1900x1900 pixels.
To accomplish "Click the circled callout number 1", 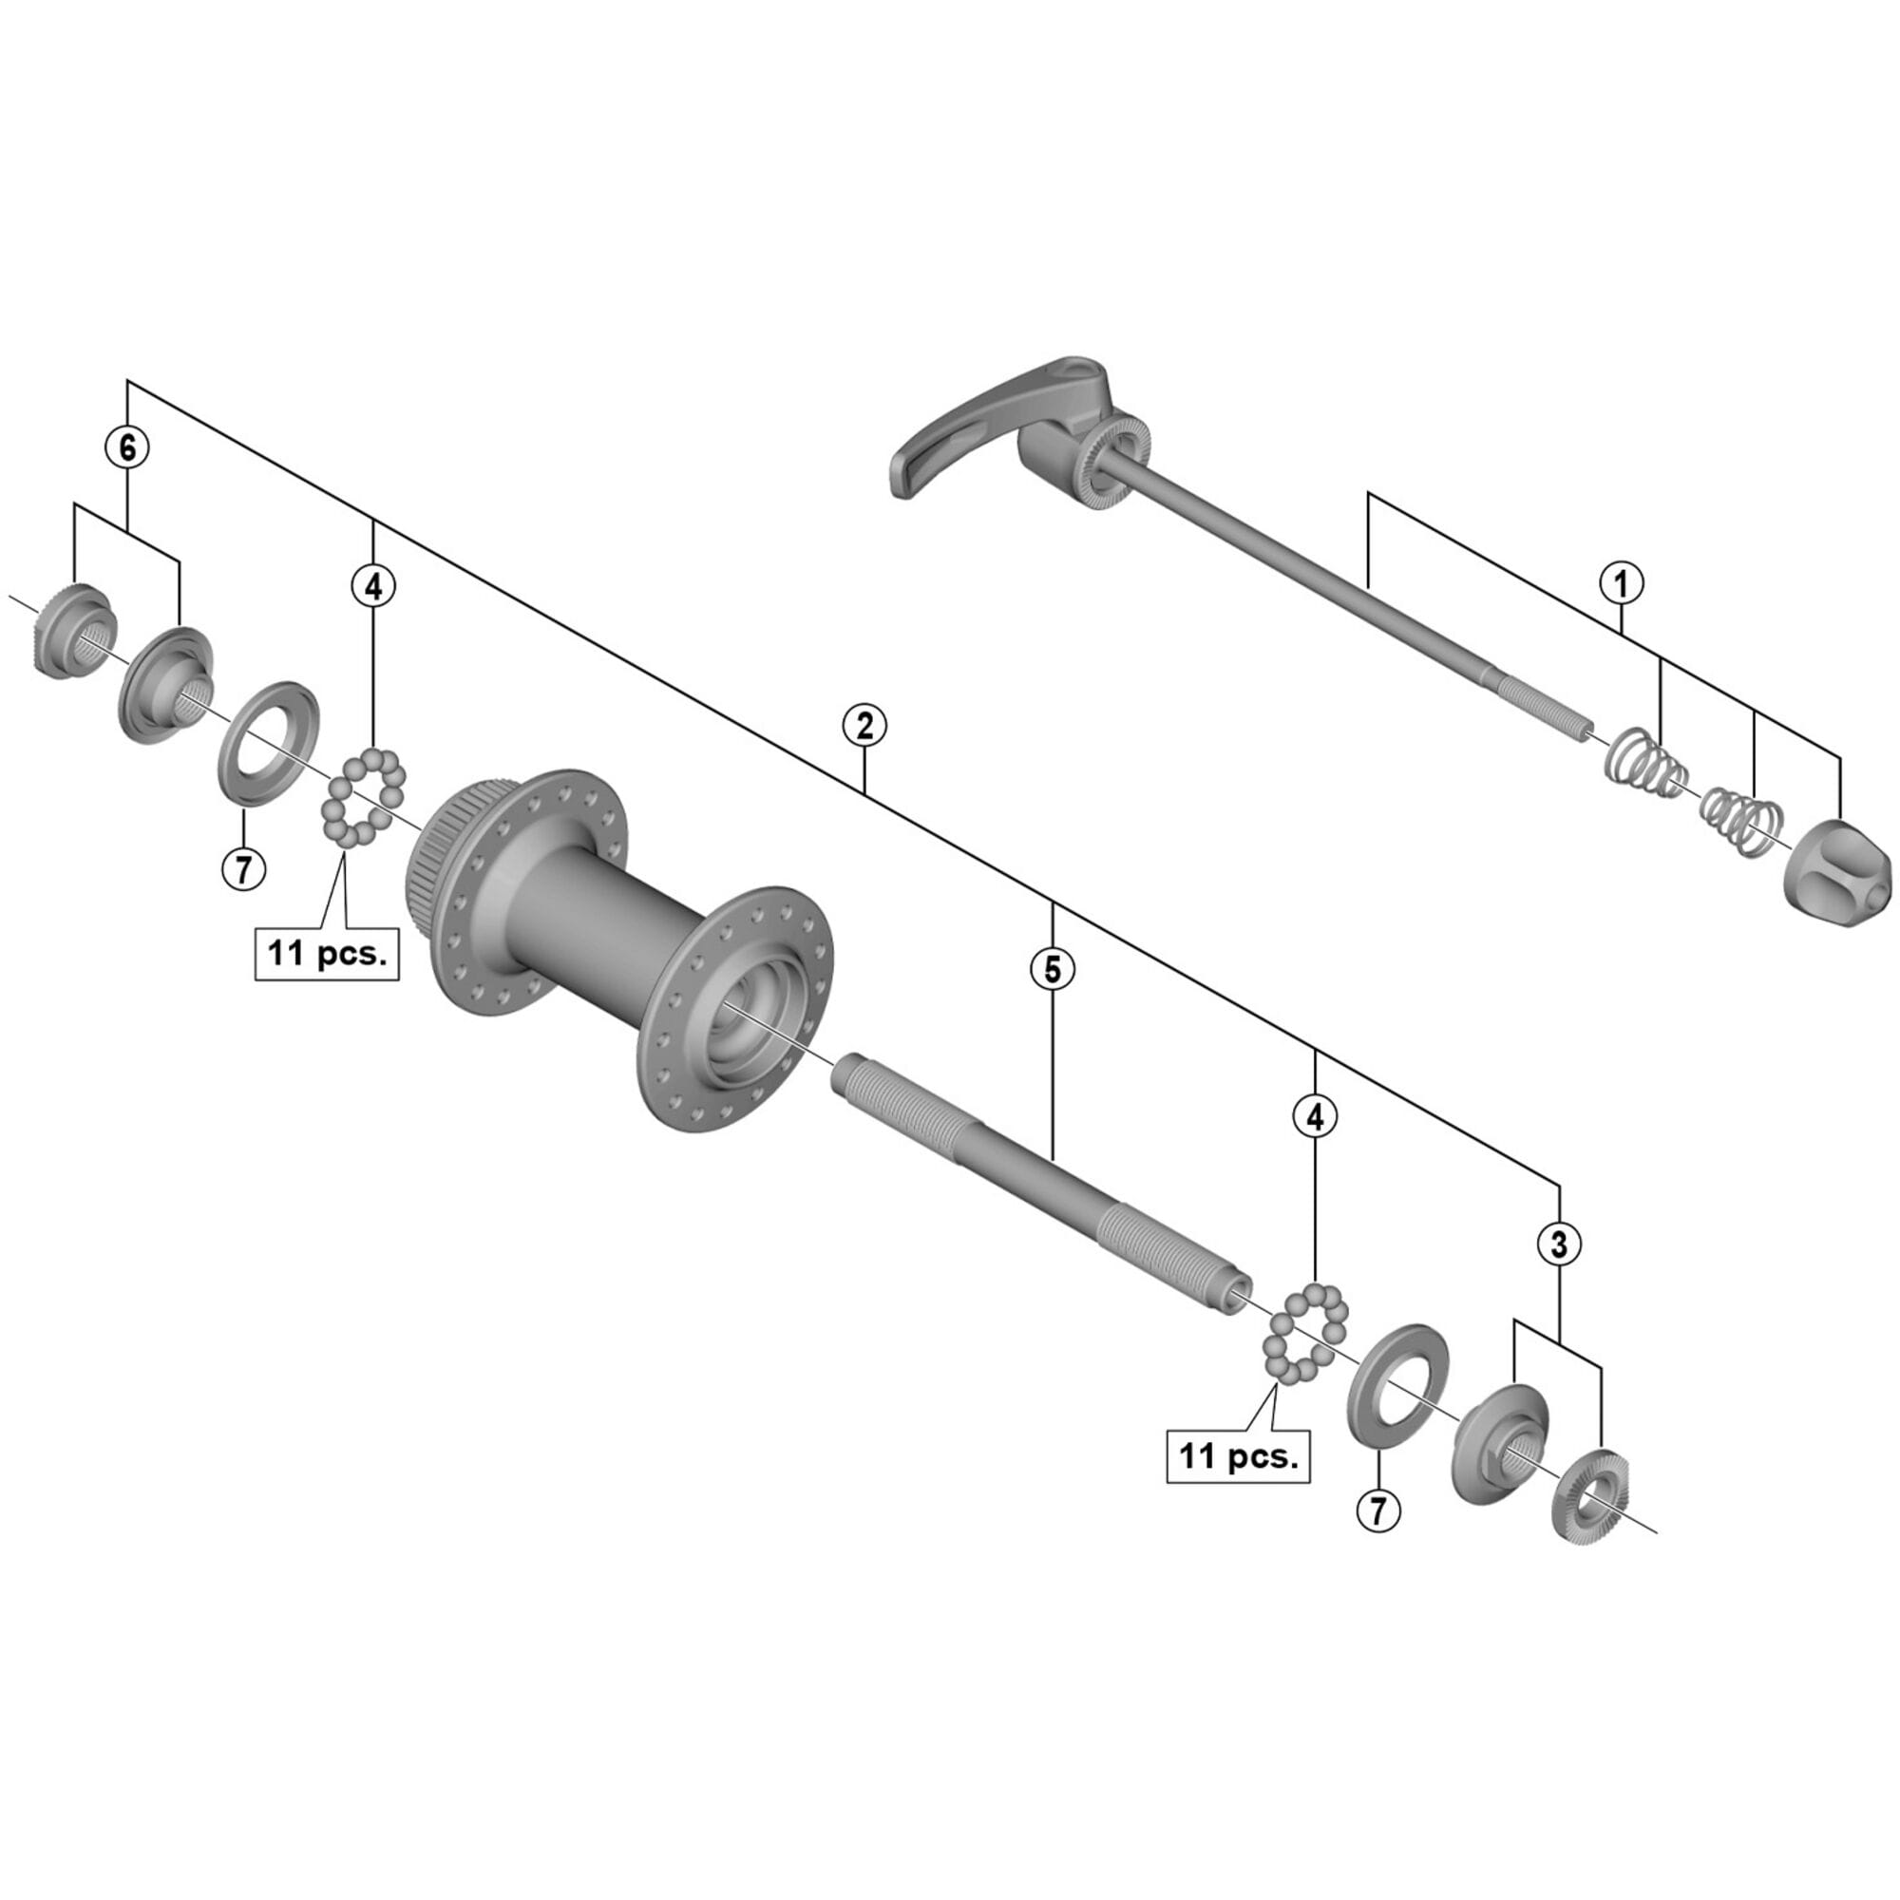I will click(1621, 583).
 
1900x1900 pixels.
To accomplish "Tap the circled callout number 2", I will click(864, 726).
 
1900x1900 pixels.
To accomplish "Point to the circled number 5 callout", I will click(1053, 970).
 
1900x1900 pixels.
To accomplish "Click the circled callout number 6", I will click(128, 447).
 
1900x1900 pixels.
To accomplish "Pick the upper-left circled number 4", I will click(372, 587).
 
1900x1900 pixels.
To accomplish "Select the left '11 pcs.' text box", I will click(327, 952).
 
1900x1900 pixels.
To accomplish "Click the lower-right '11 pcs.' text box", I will click(1238, 1455).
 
